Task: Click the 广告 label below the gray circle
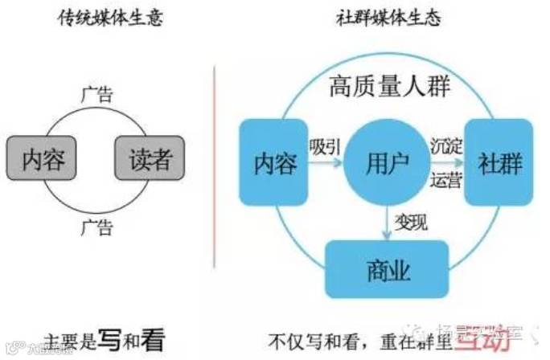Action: click(96, 227)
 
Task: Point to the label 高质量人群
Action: click(389, 88)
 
